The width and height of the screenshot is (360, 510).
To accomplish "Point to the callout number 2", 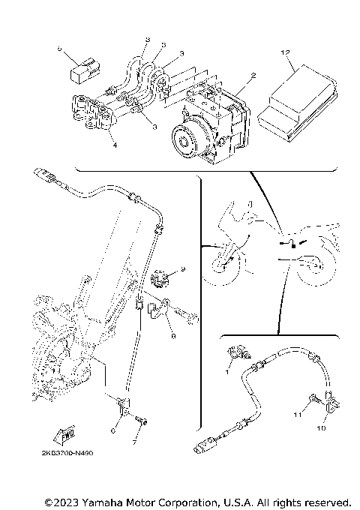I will [253, 76].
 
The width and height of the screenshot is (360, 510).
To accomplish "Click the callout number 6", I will [114, 429].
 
